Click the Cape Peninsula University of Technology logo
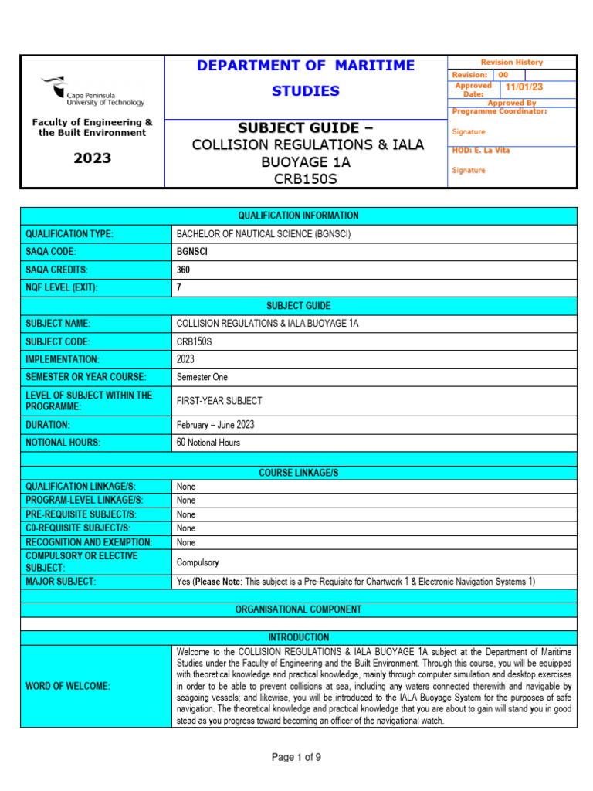click(x=93, y=92)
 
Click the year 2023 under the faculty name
click(x=92, y=158)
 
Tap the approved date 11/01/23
click(x=524, y=88)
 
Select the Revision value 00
click(x=503, y=75)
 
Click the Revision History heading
click(x=511, y=63)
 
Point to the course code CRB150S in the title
click(x=306, y=179)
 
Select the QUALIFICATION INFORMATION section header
click(x=297, y=216)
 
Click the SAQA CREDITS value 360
click(x=183, y=270)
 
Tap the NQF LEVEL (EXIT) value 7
click(x=180, y=288)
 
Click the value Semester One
click(x=202, y=378)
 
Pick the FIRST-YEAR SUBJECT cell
click(x=219, y=401)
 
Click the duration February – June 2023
click(x=215, y=425)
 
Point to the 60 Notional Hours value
click(x=208, y=443)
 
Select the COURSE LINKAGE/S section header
click(x=297, y=473)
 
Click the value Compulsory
click(x=198, y=562)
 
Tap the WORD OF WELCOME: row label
click(x=68, y=686)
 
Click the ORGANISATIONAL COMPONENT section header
click(x=297, y=609)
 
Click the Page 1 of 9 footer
click(x=296, y=758)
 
